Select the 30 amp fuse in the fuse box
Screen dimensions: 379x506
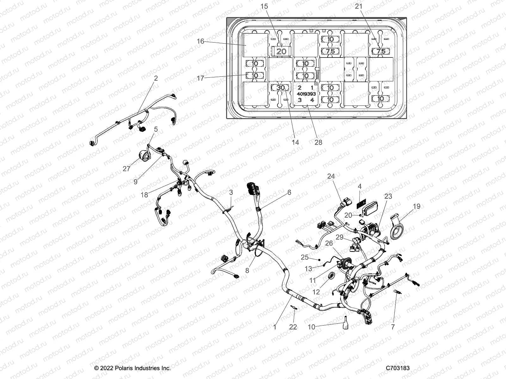(x=280, y=88)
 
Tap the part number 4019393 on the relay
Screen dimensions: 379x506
(x=306, y=94)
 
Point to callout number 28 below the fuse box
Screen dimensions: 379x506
(x=318, y=142)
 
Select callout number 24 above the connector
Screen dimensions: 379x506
(x=331, y=176)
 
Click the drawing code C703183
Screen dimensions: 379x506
(x=398, y=368)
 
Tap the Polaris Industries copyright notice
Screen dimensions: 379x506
(x=133, y=368)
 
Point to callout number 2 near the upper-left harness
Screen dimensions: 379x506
(x=156, y=78)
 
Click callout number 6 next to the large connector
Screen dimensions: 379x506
(x=289, y=192)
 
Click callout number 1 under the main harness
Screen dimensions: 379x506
(x=275, y=327)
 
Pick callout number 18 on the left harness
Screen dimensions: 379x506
(x=144, y=195)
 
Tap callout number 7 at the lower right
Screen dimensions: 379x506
(x=393, y=327)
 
